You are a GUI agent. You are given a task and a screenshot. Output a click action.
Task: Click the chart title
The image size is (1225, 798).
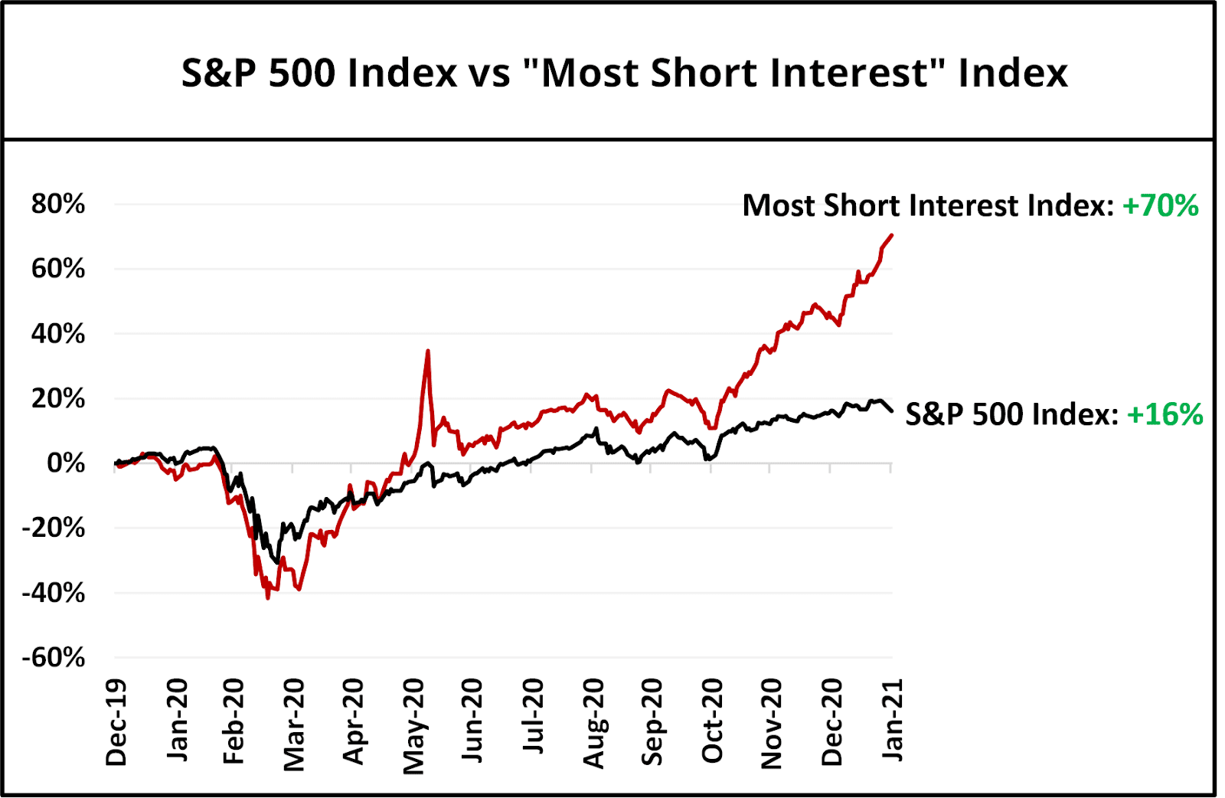(x=624, y=74)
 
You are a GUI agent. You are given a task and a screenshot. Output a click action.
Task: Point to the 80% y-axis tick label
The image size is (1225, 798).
(x=58, y=204)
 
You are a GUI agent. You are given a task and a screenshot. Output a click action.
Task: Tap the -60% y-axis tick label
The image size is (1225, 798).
(x=54, y=658)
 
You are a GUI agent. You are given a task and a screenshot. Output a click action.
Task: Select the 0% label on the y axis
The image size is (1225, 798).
(x=66, y=463)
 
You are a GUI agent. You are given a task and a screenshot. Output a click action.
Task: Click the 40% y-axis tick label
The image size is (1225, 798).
(x=58, y=334)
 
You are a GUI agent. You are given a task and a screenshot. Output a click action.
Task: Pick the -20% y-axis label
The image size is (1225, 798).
(x=54, y=528)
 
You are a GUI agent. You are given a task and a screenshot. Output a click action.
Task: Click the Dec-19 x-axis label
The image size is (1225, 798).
(x=116, y=722)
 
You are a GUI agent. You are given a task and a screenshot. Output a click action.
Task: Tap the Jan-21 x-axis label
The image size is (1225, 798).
(x=893, y=721)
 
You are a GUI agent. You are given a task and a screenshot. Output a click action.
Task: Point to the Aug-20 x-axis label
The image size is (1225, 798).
(x=594, y=723)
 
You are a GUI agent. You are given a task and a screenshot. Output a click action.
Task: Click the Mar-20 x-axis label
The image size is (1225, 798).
(x=295, y=724)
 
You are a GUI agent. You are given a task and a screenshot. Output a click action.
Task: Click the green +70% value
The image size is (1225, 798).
(x=1160, y=206)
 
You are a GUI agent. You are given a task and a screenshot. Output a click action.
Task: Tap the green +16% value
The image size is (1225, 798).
(x=1165, y=414)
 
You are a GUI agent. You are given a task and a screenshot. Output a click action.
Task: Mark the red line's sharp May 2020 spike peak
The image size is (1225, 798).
(x=428, y=351)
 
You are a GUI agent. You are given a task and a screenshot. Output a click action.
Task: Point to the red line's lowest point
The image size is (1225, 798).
(x=267, y=598)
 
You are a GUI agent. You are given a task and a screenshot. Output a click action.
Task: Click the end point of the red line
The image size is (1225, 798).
(x=891, y=235)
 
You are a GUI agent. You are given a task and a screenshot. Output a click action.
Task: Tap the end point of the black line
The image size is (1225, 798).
(x=891, y=411)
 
